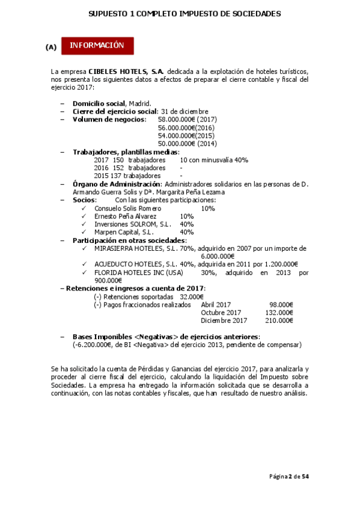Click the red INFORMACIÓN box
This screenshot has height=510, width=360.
[97, 46]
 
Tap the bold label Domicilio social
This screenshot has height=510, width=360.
[99, 103]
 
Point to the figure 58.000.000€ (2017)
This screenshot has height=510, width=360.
[187, 120]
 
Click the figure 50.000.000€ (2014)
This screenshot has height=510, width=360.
[187, 144]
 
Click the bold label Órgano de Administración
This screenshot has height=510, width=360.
[117, 184]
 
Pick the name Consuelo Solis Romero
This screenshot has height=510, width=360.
[128, 208]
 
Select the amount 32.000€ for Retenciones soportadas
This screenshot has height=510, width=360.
[192, 296]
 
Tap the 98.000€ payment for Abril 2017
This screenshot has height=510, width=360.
[281, 304]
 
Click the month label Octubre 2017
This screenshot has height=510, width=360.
[221, 312]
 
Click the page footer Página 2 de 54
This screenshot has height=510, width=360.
[288, 477]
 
